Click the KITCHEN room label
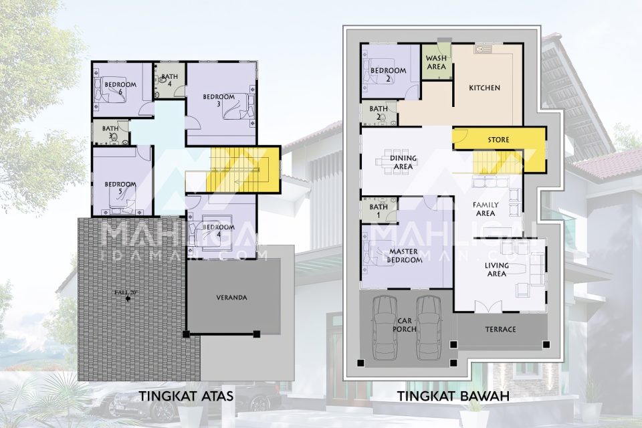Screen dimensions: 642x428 pos(484,88)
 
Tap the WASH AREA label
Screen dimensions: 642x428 pos(436,62)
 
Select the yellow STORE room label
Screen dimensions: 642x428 pos(498,140)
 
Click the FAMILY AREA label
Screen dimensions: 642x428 pos(486,209)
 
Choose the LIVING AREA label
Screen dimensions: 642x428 pos(497,269)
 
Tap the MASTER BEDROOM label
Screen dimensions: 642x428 pos(405,255)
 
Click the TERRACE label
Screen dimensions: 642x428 pos(500,329)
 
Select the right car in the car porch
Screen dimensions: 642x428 pos(429,328)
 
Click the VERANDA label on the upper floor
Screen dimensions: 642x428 pos(232,298)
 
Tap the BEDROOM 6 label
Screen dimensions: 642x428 pos(120,88)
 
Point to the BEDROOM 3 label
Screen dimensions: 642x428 pos(219,100)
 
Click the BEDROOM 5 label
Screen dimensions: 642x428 pos(120,188)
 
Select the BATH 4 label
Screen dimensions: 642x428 pos(169,80)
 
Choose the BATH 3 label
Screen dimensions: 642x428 pos(110,132)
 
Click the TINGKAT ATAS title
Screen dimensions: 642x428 pos(187,396)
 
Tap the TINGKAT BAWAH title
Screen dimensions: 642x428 pos(453,396)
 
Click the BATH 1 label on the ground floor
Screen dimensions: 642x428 pos(379,211)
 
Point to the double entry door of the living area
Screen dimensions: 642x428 pos(488,307)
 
